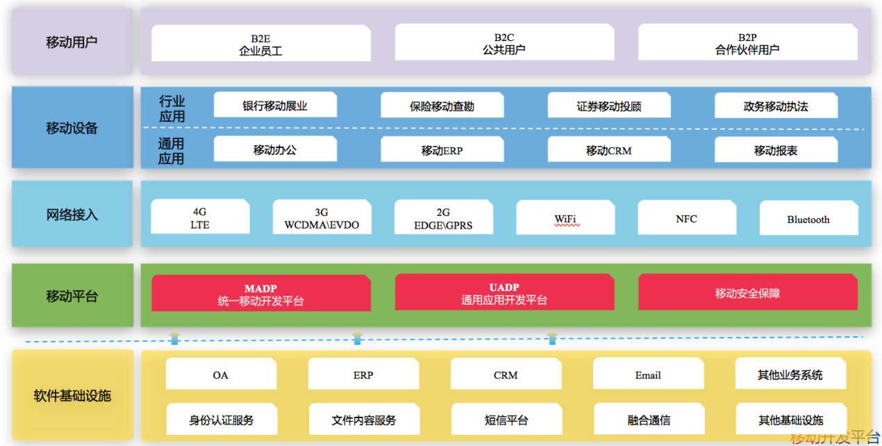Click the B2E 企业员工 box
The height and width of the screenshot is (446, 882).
coord(260,43)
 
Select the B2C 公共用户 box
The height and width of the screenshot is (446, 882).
coord(504,43)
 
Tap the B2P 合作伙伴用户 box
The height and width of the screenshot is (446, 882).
coord(747,43)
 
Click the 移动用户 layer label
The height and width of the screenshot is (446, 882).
coord(72,42)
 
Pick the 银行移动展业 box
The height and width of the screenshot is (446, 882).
coord(275,106)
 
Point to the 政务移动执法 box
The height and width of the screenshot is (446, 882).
coord(776,106)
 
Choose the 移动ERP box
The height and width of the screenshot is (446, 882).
coord(442,150)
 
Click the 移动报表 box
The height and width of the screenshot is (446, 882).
coord(776,150)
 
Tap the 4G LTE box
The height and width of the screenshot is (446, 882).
coord(200,218)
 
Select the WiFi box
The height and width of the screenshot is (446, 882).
coord(565,219)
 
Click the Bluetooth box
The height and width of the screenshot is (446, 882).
coord(808,219)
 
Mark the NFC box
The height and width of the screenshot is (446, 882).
coord(686,218)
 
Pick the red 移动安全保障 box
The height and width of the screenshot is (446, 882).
coord(747,293)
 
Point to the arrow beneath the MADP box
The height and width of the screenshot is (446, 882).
coord(174,338)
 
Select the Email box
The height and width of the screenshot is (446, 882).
coord(648,375)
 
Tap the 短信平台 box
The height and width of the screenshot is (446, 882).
coord(506,420)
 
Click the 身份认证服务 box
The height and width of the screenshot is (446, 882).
coord(222,420)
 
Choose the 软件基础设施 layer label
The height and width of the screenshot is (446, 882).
coord(72,396)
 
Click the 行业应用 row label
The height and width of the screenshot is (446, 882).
coord(172,109)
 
